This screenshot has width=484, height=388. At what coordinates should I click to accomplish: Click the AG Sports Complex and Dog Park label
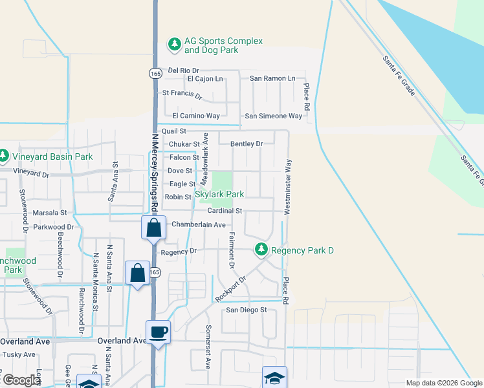tap(223, 45)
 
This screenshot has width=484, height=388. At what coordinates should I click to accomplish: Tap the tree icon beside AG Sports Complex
tap(174, 44)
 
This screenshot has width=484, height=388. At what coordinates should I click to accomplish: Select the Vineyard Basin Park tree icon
tap(4, 156)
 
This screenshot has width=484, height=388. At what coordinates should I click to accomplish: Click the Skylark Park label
tap(219, 194)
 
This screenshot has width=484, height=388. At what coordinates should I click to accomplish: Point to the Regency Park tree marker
tap(261, 250)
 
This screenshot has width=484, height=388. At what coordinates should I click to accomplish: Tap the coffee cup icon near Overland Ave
tap(159, 332)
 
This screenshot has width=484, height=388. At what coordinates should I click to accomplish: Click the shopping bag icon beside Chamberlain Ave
tap(153, 228)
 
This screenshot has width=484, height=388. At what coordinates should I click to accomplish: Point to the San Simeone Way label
tap(273, 116)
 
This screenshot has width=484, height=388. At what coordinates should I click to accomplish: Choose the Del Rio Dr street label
tap(183, 70)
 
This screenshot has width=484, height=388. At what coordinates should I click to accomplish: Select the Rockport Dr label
tap(232, 288)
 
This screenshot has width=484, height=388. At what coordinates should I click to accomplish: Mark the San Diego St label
tap(246, 310)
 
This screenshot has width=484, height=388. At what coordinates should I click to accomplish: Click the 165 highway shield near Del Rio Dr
tap(155, 74)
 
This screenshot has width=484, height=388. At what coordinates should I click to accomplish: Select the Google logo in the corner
tap(20, 380)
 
